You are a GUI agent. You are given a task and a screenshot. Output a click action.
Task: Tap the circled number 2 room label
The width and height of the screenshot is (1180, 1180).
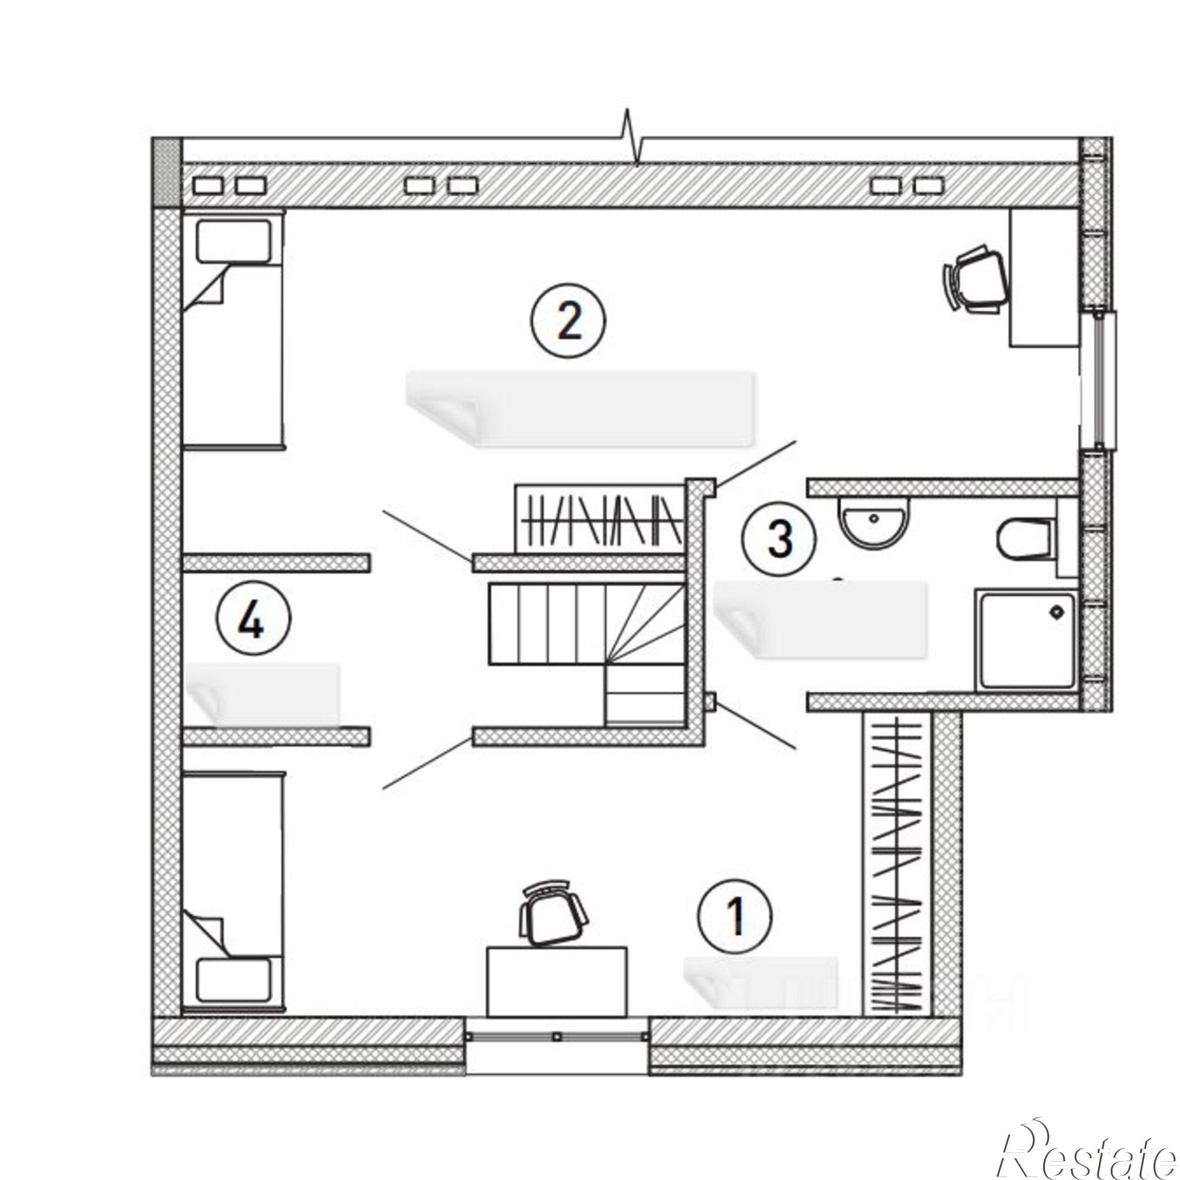[x=569, y=323]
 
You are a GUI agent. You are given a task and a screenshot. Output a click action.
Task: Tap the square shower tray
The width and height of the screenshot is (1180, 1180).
[x=1027, y=640]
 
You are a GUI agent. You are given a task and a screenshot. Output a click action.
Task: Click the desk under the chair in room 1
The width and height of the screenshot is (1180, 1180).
[x=556, y=982]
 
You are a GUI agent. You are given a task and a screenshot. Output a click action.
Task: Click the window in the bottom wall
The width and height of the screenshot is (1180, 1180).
[x=556, y=1037]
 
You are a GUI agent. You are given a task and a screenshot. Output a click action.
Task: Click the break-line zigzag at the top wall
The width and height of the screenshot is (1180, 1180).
[x=631, y=138]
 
